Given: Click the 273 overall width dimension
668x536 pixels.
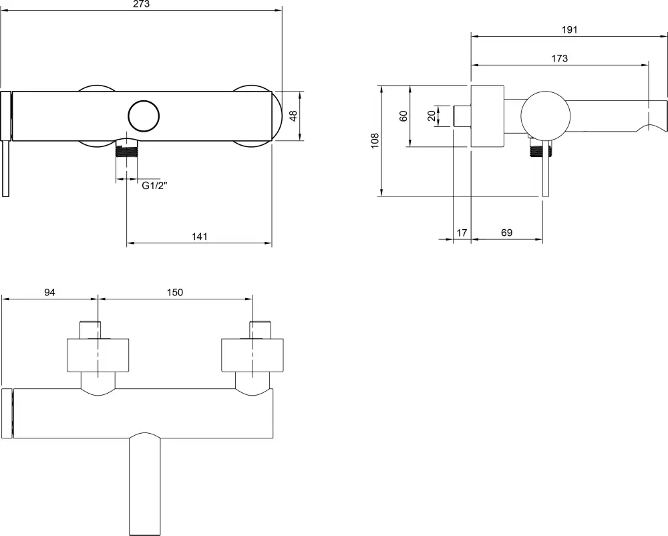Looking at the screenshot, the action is tap(142, 4).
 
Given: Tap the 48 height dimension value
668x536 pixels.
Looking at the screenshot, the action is tap(293, 116).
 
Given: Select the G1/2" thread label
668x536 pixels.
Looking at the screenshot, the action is tap(155, 186).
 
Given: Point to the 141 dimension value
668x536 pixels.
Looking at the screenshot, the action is tap(199, 237).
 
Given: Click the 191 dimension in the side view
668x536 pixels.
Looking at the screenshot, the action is tap(569, 30).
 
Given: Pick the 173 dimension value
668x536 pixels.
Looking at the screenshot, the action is tap(559, 58).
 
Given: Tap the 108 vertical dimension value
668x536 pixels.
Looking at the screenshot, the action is tap(375, 140).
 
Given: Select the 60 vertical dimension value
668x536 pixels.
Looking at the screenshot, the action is tap(403, 116).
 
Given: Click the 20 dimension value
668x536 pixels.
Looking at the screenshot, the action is tap(432, 116).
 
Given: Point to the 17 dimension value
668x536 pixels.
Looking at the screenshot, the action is tap(462, 233).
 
